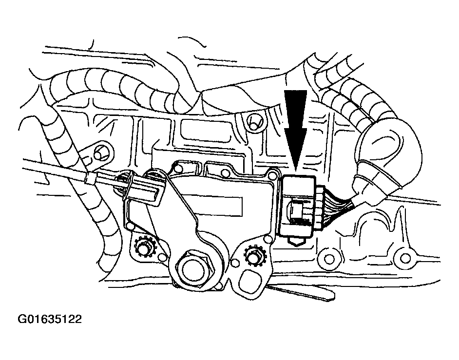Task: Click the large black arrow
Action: pyautogui.click(x=295, y=129)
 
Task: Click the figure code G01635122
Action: pyautogui.click(x=50, y=319)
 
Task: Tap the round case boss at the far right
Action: pyautogui.click(x=406, y=258)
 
